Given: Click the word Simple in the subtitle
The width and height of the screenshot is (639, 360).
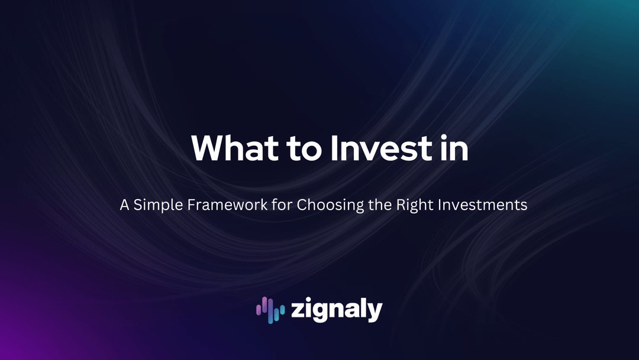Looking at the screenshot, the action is point(158,205).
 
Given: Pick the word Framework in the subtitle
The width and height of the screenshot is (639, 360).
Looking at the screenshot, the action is point(227,205).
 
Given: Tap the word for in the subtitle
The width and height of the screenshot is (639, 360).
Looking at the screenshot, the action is point(282,205).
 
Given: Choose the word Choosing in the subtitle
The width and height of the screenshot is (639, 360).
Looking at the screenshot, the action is point(330,205).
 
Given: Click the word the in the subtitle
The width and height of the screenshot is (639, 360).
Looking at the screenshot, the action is point(380,205).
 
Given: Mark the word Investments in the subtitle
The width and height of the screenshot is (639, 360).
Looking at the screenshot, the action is point(483,205).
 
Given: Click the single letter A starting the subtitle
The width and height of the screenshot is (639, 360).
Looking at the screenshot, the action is point(124,205).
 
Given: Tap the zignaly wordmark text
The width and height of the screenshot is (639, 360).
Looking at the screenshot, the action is point(337,311).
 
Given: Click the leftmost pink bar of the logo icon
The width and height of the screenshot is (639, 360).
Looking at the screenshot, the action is point(259,310).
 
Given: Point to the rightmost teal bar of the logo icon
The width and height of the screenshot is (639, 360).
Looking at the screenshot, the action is point(282,311).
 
